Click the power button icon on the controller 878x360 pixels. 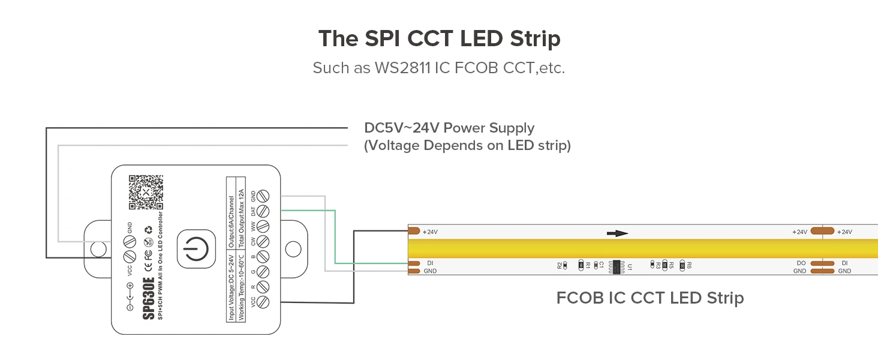click(196, 248)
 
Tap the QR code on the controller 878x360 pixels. click(146, 192)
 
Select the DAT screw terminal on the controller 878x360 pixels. click(262, 211)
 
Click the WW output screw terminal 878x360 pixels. click(262, 227)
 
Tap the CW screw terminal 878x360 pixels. click(262, 242)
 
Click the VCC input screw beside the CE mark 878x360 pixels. click(129, 257)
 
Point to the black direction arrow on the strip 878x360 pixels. click(617, 233)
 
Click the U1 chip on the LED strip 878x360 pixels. click(616, 266)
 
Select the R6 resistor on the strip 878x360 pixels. click(682, 265)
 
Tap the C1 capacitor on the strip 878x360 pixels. click(595, 265)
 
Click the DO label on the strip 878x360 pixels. click(801, 263)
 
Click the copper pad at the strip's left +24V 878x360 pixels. click(413, 231)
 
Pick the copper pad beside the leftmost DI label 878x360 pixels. click(413, 263)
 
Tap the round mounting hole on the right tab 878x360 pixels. click(293, 248)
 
